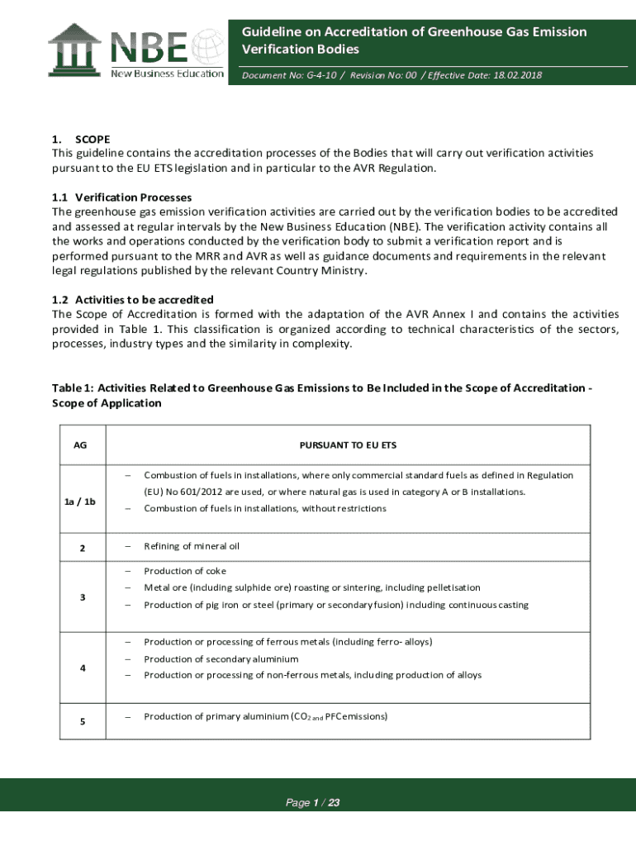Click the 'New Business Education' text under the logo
pos(168,73)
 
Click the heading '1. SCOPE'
pos(81,140)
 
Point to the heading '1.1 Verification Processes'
pos(121,197)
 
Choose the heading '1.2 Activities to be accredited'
pos(132,299)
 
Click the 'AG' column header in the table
pos(80,445)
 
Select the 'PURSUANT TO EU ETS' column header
pos(348,445)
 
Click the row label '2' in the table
pos(80,548)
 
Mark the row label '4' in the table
pos(80,668)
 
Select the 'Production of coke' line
pos(185,571)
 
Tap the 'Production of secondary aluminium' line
pos(221,659)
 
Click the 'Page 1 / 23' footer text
pos(313,802)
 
